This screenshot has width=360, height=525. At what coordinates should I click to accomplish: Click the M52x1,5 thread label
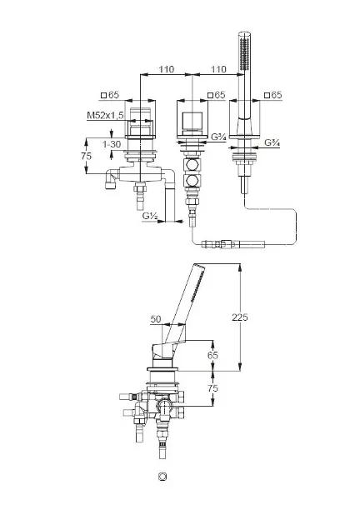pyautogui.click(x=105, y=116)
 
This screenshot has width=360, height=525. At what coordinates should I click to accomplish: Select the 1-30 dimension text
pyautogui.click(x=112, y=144)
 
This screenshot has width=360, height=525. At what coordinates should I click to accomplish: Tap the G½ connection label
pyautogui.click(x=150, y=216)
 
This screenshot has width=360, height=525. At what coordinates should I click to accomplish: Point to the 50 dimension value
pyautogui.click(x=156, y=319)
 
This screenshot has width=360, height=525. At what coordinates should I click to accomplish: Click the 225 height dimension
pyautogui.click(x=240, y=317)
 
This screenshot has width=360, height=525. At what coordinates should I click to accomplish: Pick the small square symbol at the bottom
pyautogui.click(x=162, y=477)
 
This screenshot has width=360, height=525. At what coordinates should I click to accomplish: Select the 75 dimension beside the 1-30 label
pyautogui.click(x=86, y=156)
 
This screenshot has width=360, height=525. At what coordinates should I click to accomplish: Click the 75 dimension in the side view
pyautogui.click(x=212, y=388)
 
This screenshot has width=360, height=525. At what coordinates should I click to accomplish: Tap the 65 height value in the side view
pyautogui.click(x=212, y=355)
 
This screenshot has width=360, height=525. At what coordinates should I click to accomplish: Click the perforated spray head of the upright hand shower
pyautogui.click(x=245, y=51)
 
